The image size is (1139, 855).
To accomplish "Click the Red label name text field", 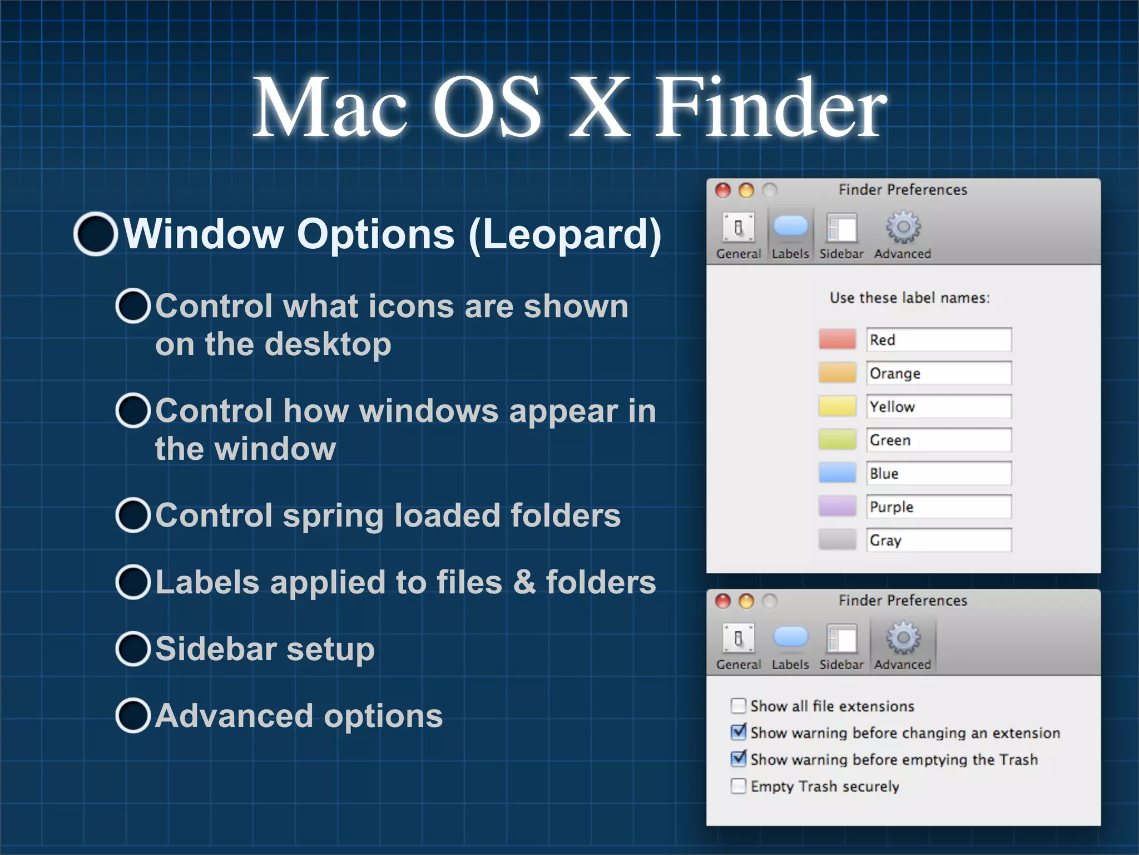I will click(x=938, y=340).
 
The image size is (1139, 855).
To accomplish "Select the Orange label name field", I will click(x=938, y=373).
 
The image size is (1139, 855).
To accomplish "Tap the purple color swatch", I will click(x=837, y=507).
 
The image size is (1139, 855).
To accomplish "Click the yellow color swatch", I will click(x=837, y=406).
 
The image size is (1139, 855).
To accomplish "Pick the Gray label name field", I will click(x=938, y=540).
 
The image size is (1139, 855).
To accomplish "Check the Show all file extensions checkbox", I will click(x=738, y=706).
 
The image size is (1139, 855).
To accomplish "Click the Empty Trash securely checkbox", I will click(x=738, y=786).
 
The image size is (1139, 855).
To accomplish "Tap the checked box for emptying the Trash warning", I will click(x=738, y=759).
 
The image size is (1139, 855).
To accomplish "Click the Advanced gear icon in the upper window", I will click(x=903, y=227).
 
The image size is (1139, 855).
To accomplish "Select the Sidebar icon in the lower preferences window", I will click(x=841, y=638).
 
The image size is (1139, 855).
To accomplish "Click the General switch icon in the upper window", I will click(x=738, y=228).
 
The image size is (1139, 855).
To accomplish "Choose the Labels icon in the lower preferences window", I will click(x=790, y=637).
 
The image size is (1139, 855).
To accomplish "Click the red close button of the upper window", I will click(x=722, y=190).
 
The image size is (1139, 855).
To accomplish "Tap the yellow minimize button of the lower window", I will click(x=746, y=601).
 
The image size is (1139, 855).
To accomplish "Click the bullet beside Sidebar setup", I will click(x=133, y=649).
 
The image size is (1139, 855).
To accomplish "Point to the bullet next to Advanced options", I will click(x=133, y=716).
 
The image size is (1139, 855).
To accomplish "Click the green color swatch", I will click(x=837, y=440).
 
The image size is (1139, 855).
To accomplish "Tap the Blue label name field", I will click(x=938, y=473).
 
